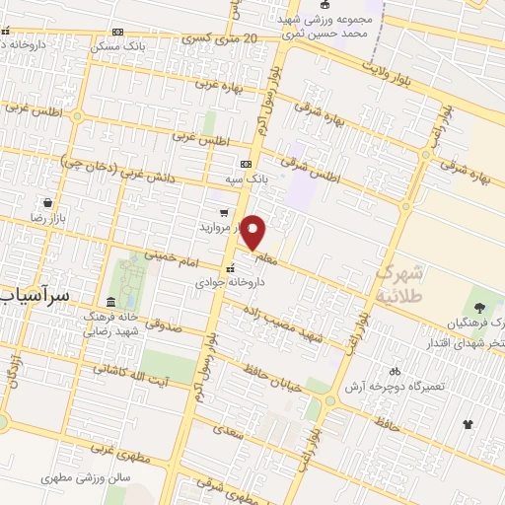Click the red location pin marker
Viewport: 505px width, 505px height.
254,232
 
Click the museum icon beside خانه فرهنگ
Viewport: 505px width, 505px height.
109,302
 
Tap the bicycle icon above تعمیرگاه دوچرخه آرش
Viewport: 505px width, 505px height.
396,372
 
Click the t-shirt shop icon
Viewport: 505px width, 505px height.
468,425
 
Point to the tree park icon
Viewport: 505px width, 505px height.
481,306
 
